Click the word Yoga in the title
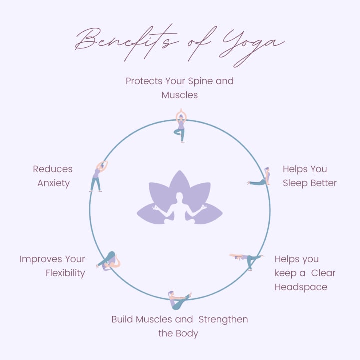pos(250,44)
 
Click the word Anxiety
pos(53,183)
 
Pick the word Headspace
pos(301,287)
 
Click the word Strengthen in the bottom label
pos(222,319)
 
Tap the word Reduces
pos(53,169)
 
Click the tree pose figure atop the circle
pos(180,125)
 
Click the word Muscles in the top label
pos(180,94)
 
